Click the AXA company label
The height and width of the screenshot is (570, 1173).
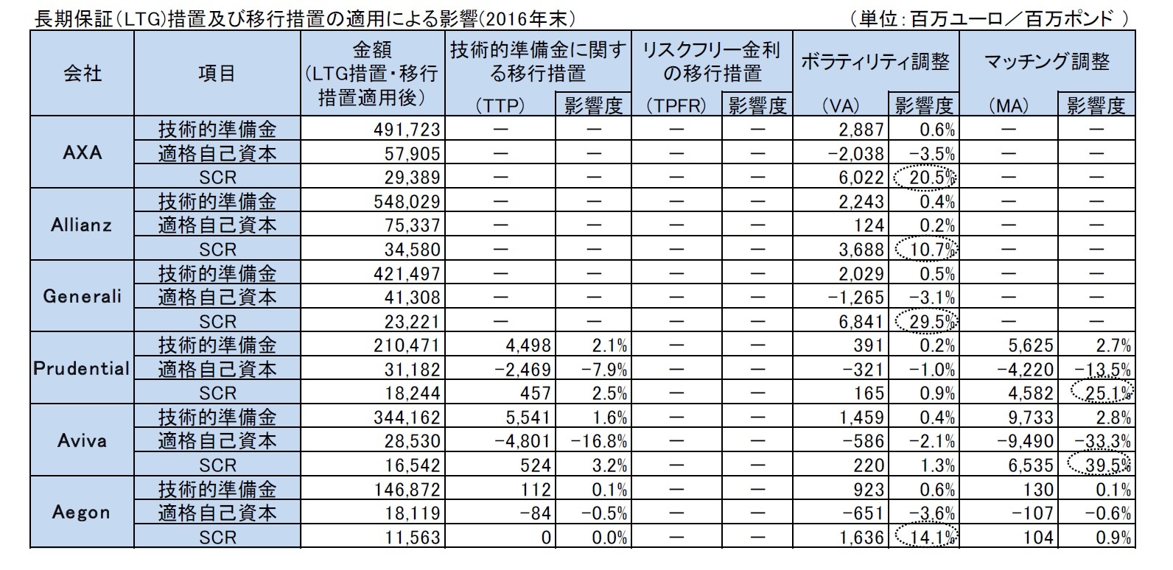pos(82,153)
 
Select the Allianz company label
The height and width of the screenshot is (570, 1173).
pos(82,225)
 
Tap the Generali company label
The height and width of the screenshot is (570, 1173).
pos(82,297)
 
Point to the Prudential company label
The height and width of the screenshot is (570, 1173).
pos(82,368)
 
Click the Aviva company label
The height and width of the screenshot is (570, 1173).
pos(82,440)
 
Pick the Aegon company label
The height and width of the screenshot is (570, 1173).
pos(82,513)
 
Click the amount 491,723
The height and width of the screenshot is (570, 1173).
pos(407,130)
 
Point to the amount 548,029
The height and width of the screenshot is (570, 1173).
pos(407,201)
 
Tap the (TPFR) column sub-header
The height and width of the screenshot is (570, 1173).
pos(676,105)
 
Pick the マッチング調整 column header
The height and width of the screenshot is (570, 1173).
pos(1047,62)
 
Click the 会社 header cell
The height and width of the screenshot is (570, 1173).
pos(82,73)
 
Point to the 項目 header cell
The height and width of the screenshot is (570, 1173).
pos(217,73)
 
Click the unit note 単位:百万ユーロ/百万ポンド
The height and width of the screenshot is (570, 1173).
pos(988,18)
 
